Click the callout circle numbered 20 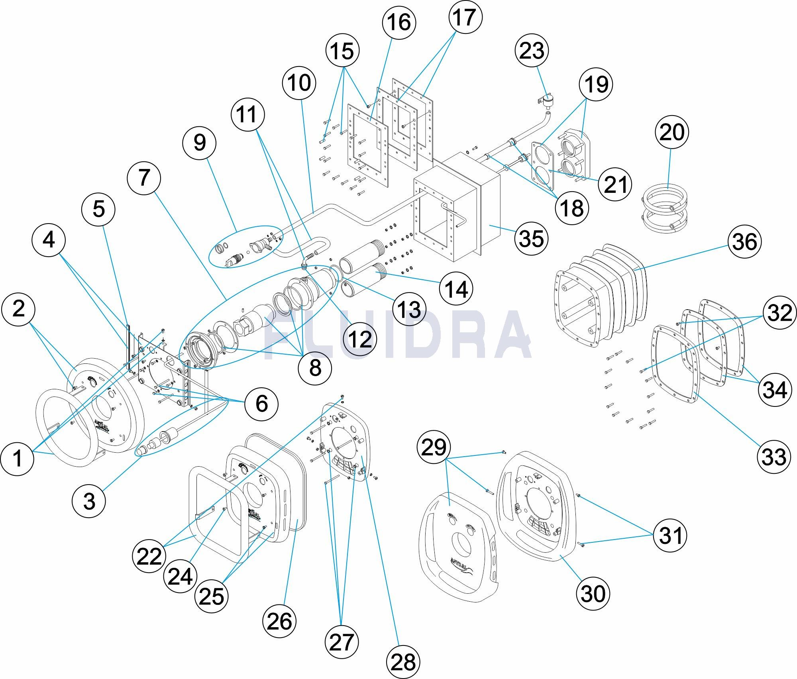671,132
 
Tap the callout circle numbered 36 744,241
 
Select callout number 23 532,51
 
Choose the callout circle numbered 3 89,501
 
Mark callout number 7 144,177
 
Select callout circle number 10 299,83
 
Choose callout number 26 279,621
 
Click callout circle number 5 98,209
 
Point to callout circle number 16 399,22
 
